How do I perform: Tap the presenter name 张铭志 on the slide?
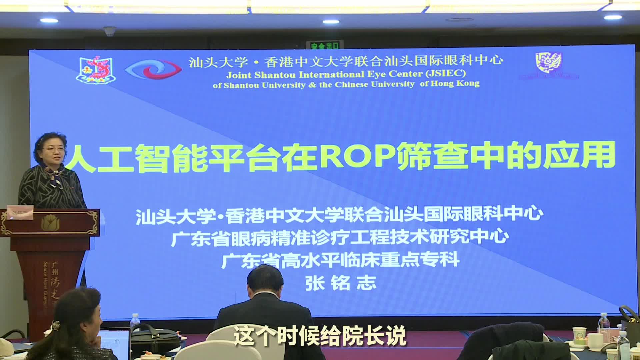tap(341, 283)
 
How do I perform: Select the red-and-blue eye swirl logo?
tap(153, 69)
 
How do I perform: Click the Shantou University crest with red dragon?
tap(94, 69)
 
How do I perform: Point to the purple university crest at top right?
tap(548, 62)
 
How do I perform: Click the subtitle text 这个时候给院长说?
tap(319, 336)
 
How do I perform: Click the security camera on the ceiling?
tap(109, 32)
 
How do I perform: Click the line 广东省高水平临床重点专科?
tap(340, 260)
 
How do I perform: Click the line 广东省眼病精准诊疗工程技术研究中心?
tap(340, 237)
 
